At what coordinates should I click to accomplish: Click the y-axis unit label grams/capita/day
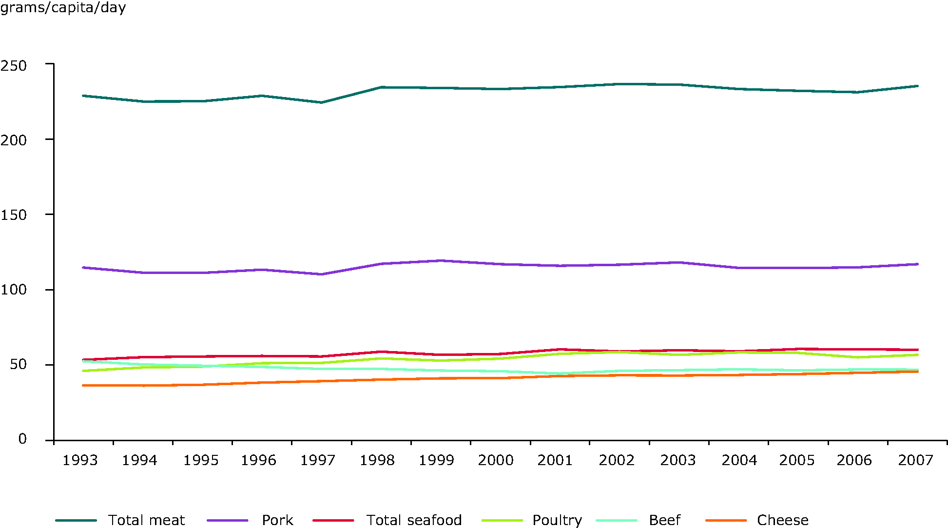(x=63, y=8)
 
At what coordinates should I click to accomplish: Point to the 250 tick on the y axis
(x=13, y=65)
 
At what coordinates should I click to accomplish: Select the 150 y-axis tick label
(x=13, y=215)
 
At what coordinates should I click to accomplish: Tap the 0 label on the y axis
(x=22, y=439)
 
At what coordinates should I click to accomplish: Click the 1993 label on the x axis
(x=80, y=460)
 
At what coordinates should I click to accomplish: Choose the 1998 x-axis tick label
(x=377, y=460)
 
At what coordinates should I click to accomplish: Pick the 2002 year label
(x=617, y=460)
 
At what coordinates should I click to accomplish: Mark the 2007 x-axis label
(x=915, y=460)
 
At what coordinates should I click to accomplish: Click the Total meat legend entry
(x=146, y=520)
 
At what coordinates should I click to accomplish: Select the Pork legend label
(x=277, y=520)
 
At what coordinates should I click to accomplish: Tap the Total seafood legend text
(x=414, y=520)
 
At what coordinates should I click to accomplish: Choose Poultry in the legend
(x=557, y=520)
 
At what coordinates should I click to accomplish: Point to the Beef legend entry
(x=664, y=520)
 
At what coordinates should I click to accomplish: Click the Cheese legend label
(x=782, y=520)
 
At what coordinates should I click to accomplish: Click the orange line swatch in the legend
(x=726, y=521)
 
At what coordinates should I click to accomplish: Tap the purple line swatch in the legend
(x=227, y=521)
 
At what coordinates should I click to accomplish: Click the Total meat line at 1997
(x=321, y=102)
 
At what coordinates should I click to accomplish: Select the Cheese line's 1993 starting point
(x=83, y=386)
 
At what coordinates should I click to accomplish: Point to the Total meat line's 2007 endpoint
(x=917, y=86)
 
